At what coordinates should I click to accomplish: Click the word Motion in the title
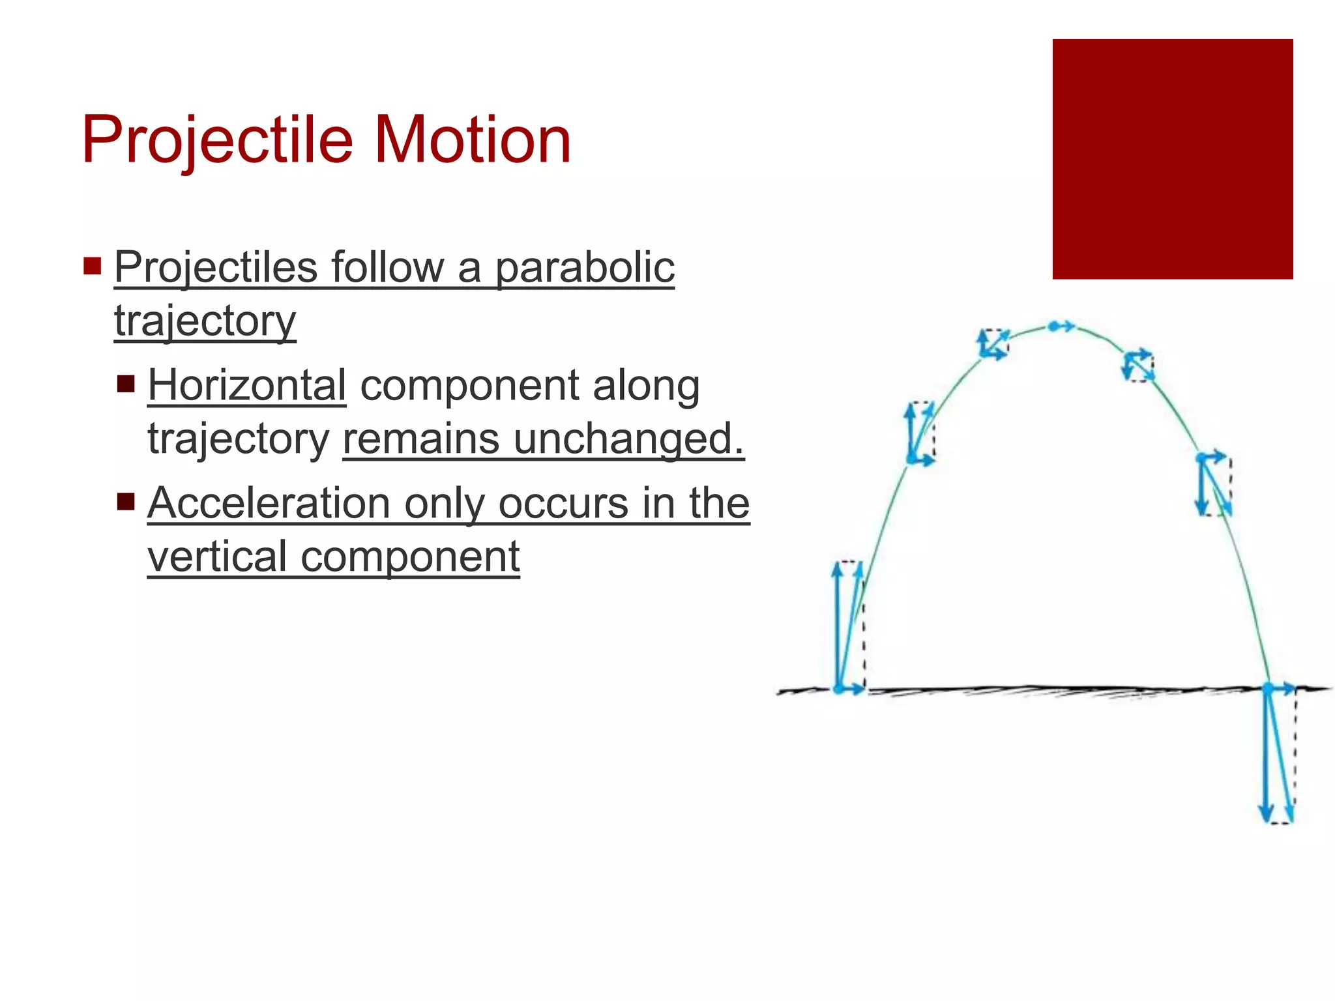pos(473,140)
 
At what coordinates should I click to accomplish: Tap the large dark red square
pos(1172,159)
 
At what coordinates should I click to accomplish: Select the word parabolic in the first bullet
pos(585,268)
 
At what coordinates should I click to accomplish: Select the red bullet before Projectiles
pos(93,266)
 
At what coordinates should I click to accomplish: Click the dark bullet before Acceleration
pos(126,502)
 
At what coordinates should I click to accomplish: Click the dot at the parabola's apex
pos(1053,326)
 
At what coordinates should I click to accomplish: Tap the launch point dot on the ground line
pos(839,688)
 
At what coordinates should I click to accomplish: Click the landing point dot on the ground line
pos(1268,688)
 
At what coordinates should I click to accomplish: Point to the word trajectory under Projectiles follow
pos(205,321)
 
